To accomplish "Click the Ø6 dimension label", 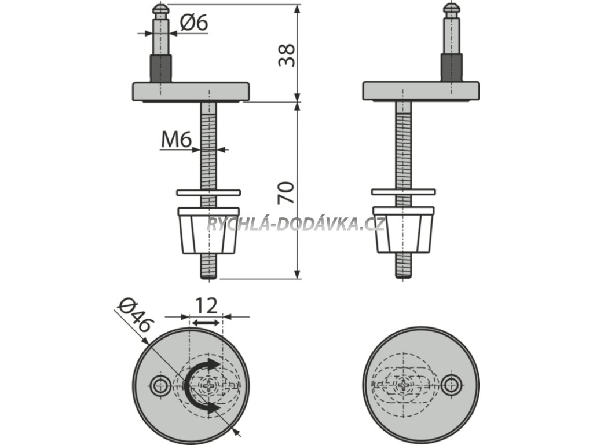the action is (193, 23).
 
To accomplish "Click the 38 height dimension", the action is (287, 55).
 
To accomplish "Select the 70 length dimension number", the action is (287, 192).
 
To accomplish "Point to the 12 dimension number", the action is (206, 305).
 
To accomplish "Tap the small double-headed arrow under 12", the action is (206, 322).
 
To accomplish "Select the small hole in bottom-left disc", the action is (160, 384).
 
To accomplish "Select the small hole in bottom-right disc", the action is (452, 384).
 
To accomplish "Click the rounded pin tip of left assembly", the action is (160, 9).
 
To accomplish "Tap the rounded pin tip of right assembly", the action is (451, 9).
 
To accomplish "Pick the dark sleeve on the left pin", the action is (162, 68).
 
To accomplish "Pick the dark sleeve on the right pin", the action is (452, 68).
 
